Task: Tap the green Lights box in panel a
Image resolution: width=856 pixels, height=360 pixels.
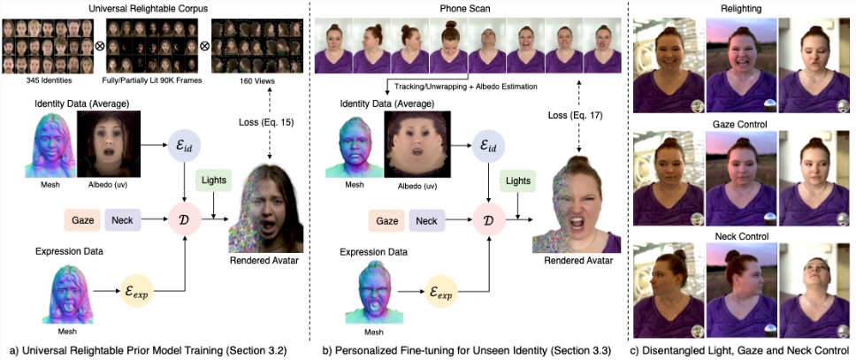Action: pos(212,181)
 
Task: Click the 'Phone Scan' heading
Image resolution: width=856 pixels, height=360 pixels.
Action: pos(466,9)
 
